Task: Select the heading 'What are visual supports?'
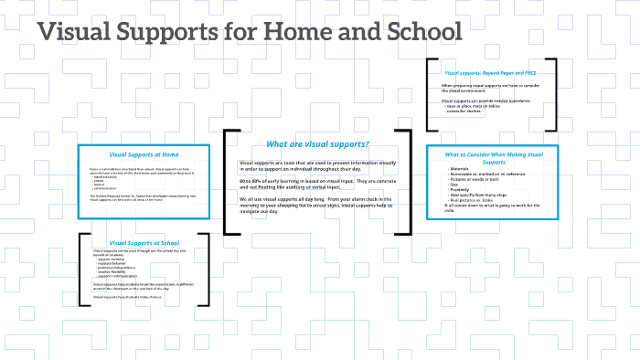tap(316, 143)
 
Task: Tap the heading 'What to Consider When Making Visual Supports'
tap(494, 157)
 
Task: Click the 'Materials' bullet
tap(460, 169)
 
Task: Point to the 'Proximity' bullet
tap(460, 190)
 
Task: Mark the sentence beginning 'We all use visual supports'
tap(315, 199)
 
